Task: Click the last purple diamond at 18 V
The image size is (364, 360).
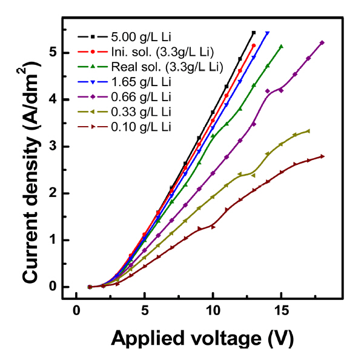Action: pos(322,42)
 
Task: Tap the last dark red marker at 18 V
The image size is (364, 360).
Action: pos(322,156)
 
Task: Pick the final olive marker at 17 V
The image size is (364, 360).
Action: pos(308,131)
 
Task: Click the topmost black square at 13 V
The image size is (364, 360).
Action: pos(253,32)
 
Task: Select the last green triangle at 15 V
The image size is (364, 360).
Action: pos(281,46)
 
